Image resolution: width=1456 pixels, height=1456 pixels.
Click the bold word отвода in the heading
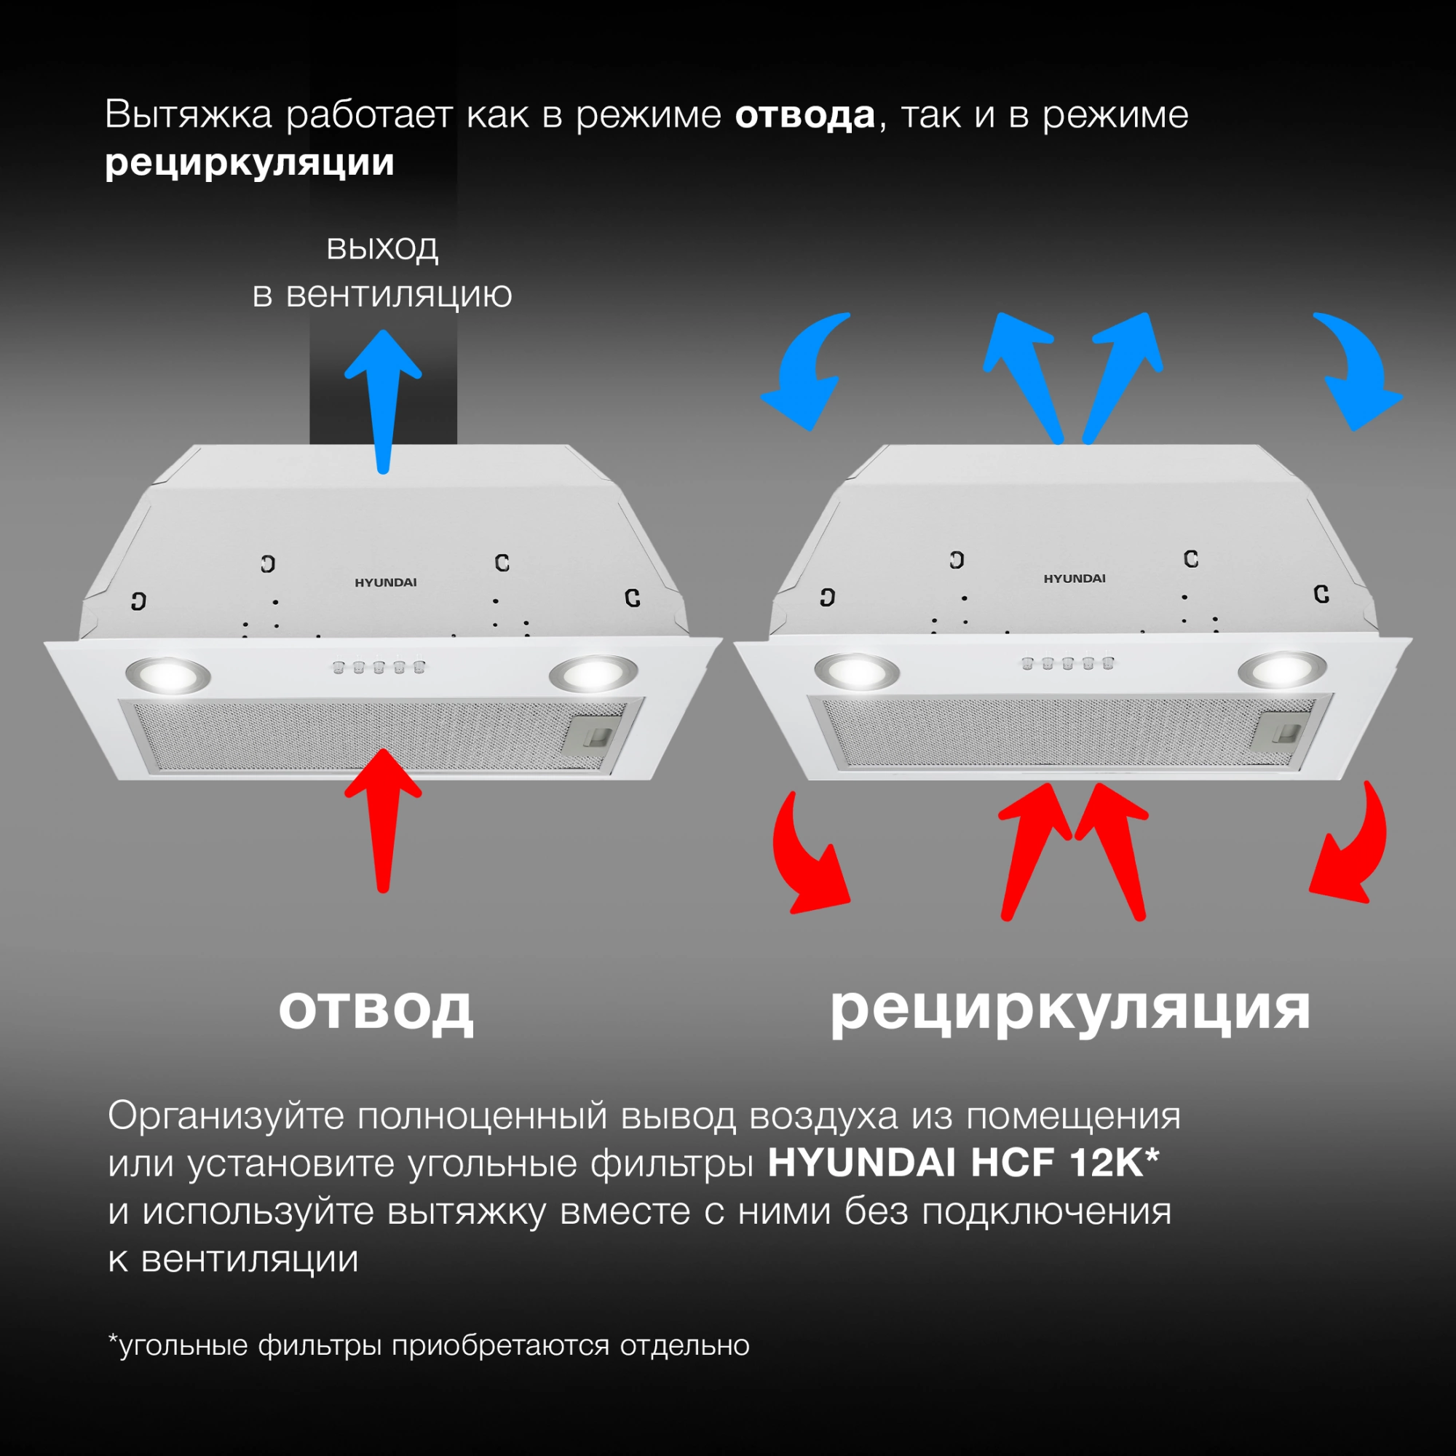coord(804,116)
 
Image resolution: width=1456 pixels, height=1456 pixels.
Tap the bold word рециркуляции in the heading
coord(250,163)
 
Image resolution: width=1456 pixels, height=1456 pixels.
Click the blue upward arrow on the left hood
coord(383,400)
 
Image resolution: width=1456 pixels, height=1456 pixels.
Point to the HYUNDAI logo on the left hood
coord(385,582)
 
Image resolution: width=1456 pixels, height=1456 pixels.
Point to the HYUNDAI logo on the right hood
coord(1074,579)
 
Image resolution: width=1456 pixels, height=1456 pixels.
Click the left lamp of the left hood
coord(168,673)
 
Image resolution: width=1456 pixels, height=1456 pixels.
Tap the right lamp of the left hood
coord(593,673)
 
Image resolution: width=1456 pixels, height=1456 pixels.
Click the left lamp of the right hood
coord(857,669)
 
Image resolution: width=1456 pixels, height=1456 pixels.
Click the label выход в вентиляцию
coord(382,271)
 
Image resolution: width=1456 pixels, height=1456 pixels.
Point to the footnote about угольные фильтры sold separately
coord(429,1345)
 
